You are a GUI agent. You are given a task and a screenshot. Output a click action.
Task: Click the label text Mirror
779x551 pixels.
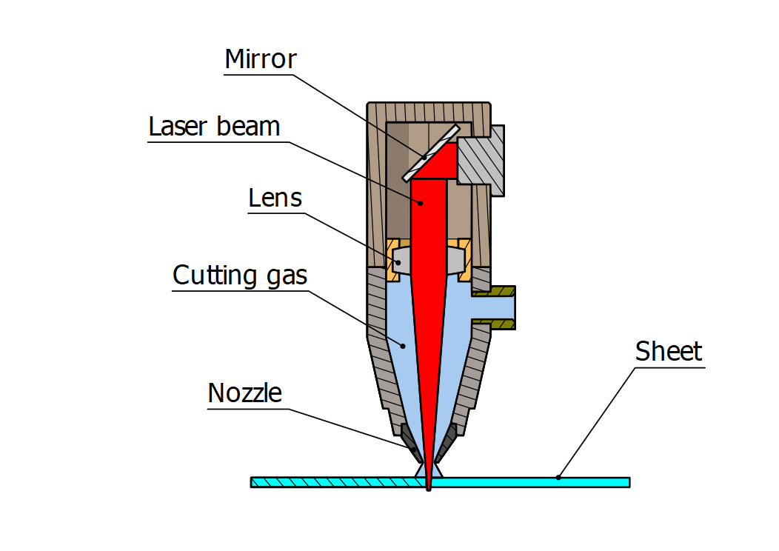tap(260, 59)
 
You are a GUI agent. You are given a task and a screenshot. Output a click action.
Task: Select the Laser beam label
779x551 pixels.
tap(214, 127)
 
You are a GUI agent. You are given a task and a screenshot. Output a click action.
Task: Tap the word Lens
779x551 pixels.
tap(275, 198)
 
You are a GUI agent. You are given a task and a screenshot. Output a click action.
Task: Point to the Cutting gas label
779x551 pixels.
tap(239, 275)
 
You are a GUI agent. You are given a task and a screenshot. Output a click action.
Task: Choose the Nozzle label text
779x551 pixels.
tap(244, 393)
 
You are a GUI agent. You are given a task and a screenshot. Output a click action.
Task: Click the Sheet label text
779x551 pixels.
tap(668, 351)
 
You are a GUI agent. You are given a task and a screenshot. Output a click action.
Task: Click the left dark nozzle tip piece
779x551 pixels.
tap(409, 440)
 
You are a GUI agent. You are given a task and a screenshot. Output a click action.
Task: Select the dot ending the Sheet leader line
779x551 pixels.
tap(559, 478)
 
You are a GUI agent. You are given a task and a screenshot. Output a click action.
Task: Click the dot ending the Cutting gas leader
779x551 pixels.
tap(403, 344)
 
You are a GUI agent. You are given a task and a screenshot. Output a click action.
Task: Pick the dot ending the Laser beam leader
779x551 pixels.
tap(421, 202)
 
